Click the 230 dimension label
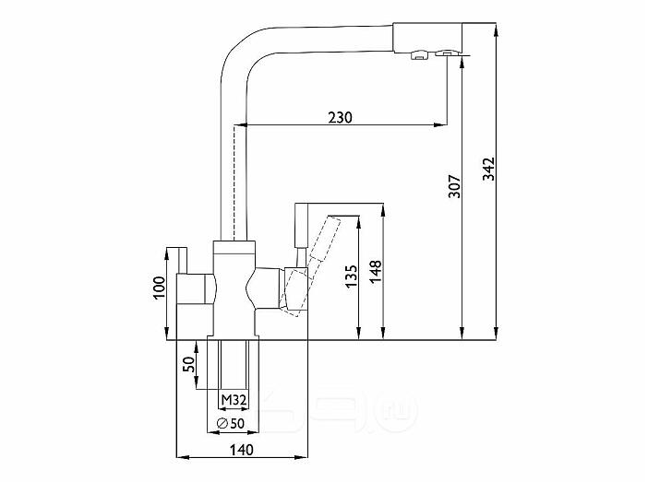340,118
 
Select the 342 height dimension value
489,169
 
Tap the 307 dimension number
454,186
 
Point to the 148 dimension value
376,272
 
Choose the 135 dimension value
351,276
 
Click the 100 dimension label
159,288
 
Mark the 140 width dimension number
241,450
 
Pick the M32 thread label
234,399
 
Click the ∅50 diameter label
230,423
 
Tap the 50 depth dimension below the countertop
188,364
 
